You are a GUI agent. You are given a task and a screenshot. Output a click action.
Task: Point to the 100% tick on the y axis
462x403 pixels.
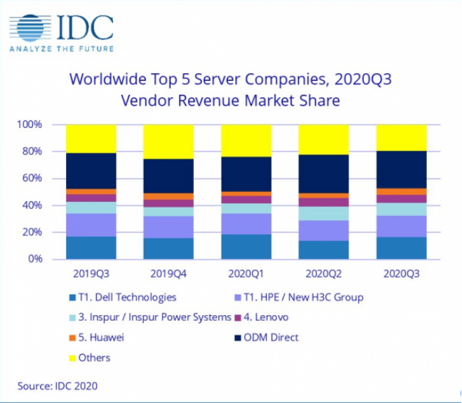32,124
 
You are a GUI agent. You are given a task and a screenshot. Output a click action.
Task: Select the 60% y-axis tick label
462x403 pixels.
34,179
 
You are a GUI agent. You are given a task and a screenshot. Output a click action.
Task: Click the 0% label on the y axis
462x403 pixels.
37,259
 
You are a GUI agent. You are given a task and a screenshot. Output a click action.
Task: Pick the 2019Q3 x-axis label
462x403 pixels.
91,271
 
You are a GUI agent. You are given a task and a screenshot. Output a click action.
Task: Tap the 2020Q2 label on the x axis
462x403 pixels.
324,271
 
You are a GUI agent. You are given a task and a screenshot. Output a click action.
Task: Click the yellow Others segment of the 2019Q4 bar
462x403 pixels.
169,141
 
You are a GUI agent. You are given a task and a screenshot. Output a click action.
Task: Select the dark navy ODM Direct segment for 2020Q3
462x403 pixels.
402,169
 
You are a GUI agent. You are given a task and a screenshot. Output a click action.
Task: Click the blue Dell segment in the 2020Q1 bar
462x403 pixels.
246,246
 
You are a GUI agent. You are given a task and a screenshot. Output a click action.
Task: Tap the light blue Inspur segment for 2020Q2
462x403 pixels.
324,213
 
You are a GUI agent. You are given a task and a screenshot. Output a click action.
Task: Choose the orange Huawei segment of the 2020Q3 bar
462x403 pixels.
402,191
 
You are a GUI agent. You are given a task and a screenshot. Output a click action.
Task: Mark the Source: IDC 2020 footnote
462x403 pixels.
58,385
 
